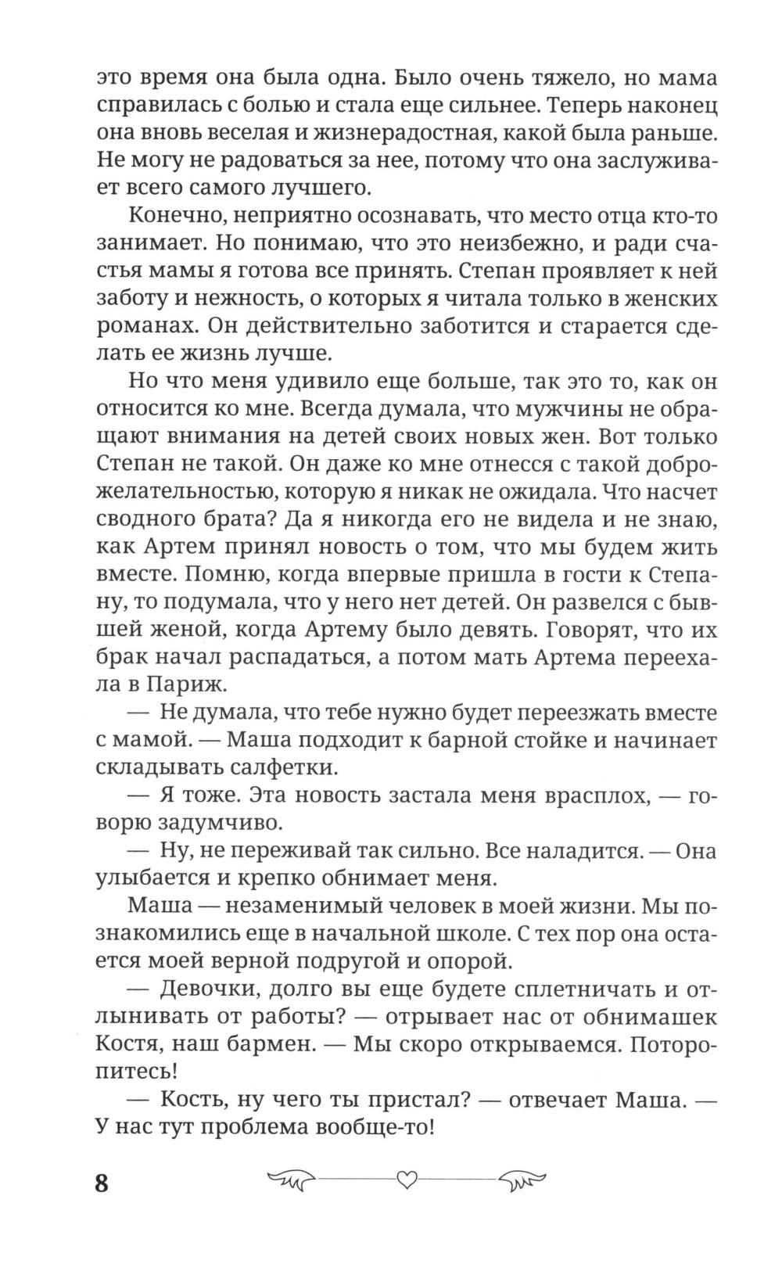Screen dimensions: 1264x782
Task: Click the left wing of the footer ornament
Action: (290, 1179)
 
